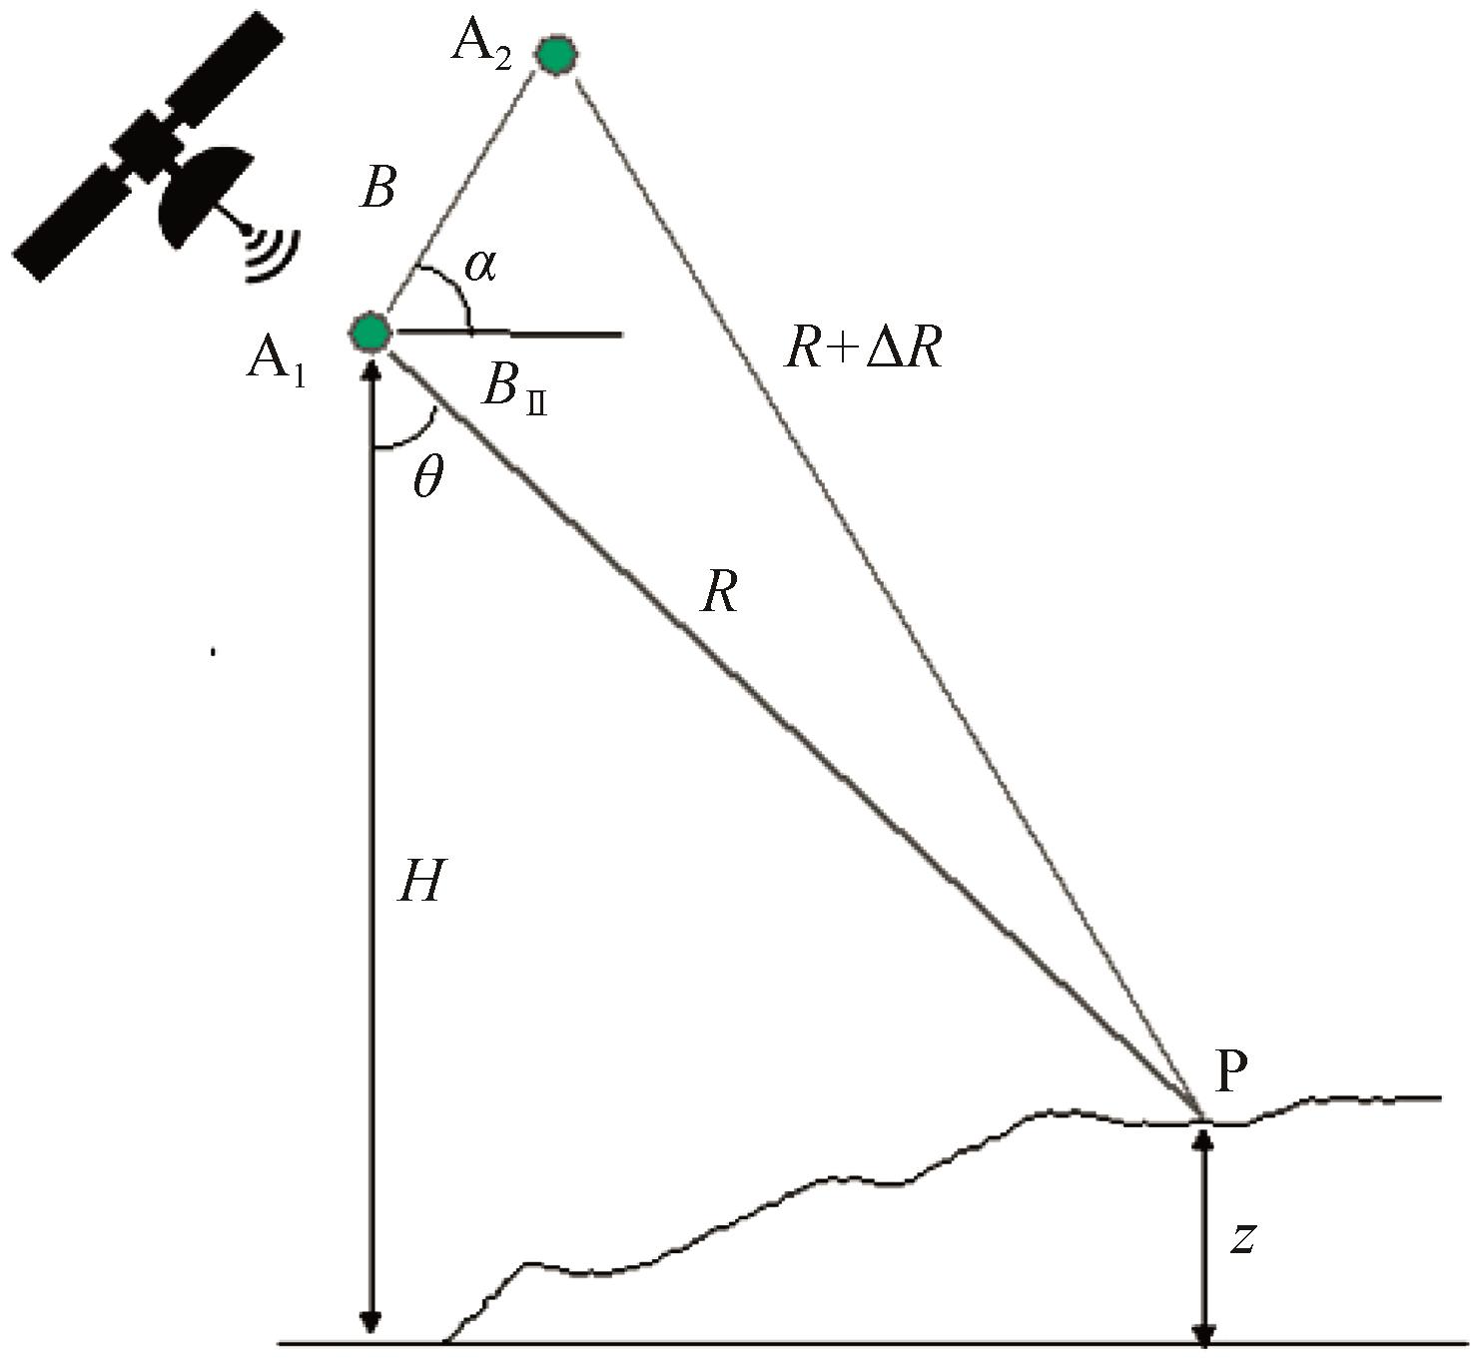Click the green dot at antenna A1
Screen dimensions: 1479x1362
pos(370,333)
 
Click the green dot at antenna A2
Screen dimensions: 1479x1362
pos(555,55)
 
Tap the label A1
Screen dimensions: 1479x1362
pos(276,363)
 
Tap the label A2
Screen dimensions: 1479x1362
pos(481,47)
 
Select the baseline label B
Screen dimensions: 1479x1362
pos(378,190)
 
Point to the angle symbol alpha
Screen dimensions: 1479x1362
pos(480,266)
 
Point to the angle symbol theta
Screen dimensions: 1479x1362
pos(427,478)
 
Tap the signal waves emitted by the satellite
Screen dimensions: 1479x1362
pos(273,255)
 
